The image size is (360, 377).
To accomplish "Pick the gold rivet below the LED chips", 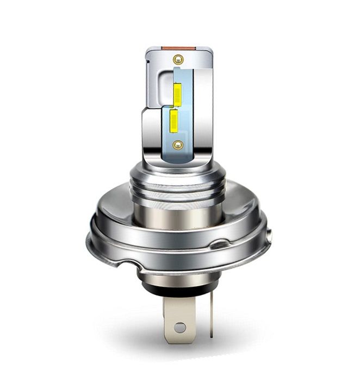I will pos(177,144).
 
